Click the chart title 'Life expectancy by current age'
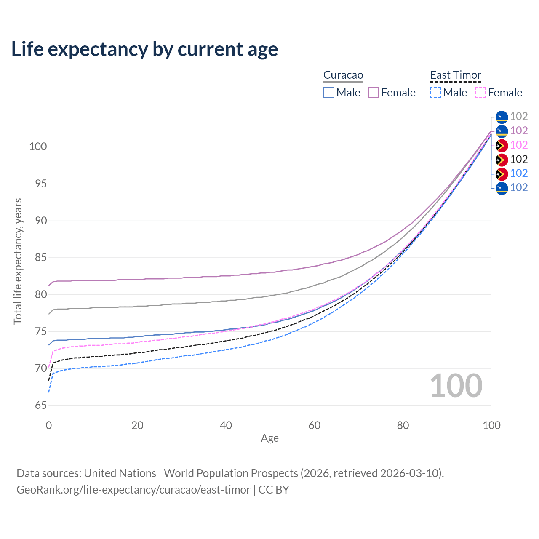click(x=144, y=49)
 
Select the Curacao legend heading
click(x=343, y=75)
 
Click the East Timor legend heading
click(x=455, y=75)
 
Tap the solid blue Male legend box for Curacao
click(x=328, y=93)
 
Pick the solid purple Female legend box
click(x=373, y=93)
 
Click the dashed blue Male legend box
click(x=435, y=93)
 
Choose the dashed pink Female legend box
click(x=480, y=93)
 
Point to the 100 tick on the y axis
click(x=38, y=147)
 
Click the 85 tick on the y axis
click(x=41, y=257)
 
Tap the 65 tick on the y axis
click(x=41, y=405)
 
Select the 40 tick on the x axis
click(x=226, y=425)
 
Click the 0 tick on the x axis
click(x=49, y=425)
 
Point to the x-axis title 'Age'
click(x=269, y=438)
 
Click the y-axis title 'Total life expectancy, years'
click(x=18, y=261)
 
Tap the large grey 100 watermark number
click(x=456, y=385)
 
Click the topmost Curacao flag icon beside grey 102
click(x=502, y=117)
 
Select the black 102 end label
click(x=519, y=160)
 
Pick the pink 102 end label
click(x=519, y=145)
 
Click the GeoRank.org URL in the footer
click(x=133, y=489)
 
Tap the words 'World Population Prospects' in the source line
click(x=231, y=473)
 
